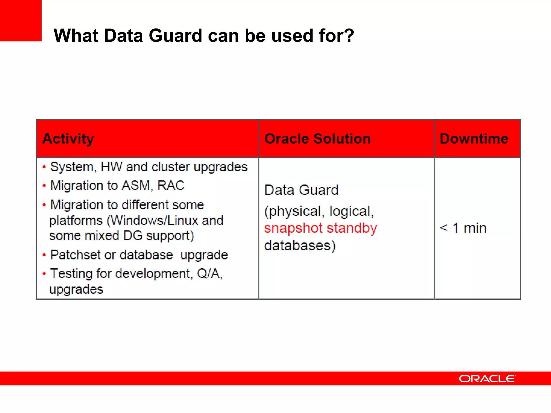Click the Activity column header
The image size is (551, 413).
click(68, 139)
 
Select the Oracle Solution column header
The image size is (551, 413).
click(317, 139)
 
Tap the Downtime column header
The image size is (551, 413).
click(474, 139)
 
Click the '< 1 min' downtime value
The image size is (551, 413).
click(463, 228)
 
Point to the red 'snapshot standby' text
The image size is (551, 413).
click(320, 228)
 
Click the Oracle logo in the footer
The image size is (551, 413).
click(487, 379)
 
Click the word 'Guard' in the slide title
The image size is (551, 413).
click(175, 35)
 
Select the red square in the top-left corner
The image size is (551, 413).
click(21, 20)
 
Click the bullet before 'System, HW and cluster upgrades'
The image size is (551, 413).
click(44, 167)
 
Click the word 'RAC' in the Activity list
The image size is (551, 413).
click(171, 186)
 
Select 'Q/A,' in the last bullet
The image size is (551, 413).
click(210, 274)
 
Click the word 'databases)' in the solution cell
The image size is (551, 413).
click(300, 245)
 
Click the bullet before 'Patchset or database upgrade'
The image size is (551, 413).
click(44, 255)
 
